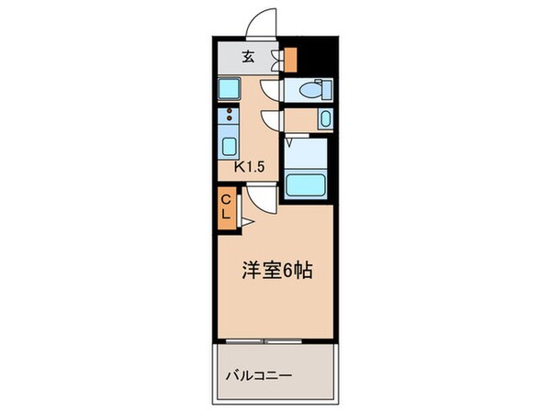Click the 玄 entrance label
247,57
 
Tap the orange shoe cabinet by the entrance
291,59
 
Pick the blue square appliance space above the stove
228,89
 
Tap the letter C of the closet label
226,198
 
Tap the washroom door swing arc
268,119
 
